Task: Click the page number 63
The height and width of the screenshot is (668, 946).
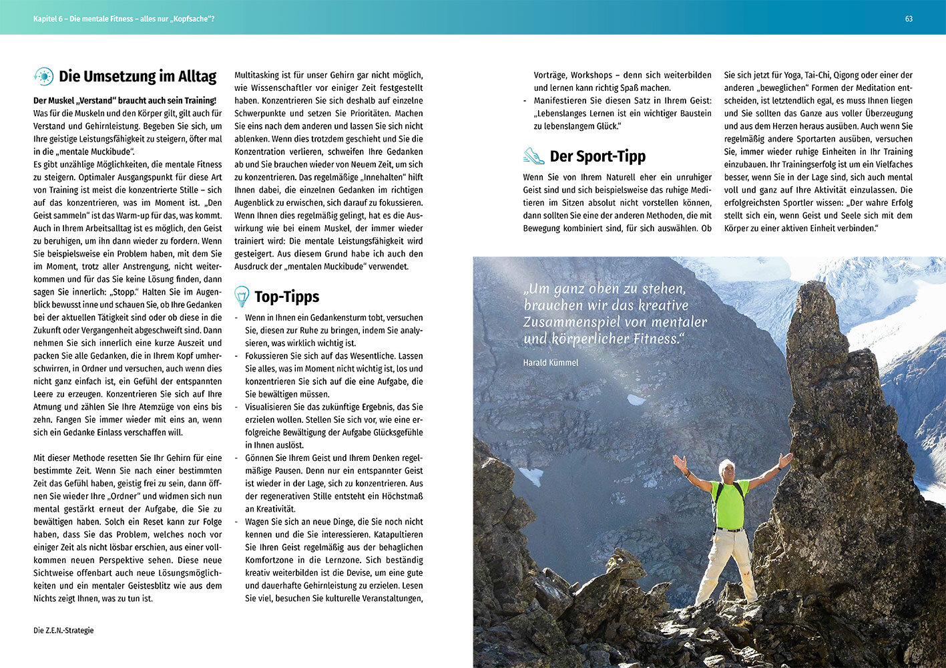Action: pyautogui.click(x=909, y=19)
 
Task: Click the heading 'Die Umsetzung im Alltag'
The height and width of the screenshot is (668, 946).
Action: pyautogui.click(x=137, y=76)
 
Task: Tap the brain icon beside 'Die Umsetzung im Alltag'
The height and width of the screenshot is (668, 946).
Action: pyautogui.click(x=43, y=77)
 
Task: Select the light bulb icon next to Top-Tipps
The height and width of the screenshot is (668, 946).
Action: pyautogui.click(x=242, y=296)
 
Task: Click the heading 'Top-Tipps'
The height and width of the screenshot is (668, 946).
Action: pyautogui.click(x=286, y=297)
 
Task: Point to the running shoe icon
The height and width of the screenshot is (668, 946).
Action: pyautogui.click(x=533, y=156)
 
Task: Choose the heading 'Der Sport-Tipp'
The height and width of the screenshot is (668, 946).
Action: pyautogui.click(x=597, y=156)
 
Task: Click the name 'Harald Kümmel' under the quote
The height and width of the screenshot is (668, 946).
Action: pyautogui.click(x=551, y=363)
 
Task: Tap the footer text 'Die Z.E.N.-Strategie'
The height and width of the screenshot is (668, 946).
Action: pyautogui.click(x=63, y=630)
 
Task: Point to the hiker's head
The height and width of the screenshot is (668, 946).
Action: pyautogui.click(x=726, y=468)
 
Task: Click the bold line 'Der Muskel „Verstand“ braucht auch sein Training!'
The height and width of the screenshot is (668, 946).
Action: pyautogui.click(x=125, y=100)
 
